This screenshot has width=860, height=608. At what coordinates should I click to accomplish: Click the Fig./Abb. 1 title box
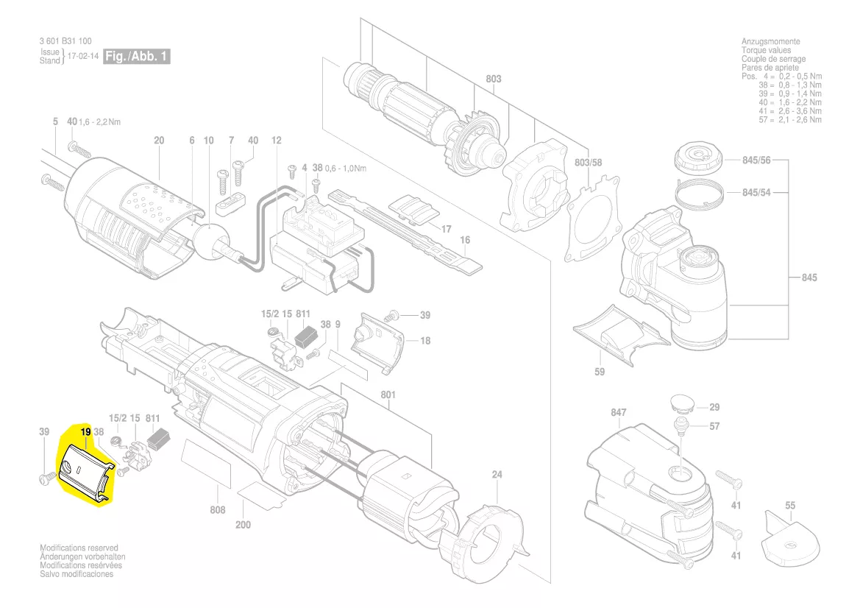click(x=137, y=56)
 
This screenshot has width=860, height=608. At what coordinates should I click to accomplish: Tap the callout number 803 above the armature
click(x=493, y=79)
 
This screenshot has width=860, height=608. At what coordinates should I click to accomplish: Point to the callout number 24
click(x=497, y=475)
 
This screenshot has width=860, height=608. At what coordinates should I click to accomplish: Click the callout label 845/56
click(x=756, y=160)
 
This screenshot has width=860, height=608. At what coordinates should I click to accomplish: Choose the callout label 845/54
click(x=756, y=193)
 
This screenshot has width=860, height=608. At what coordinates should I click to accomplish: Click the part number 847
click(x=618, y=412)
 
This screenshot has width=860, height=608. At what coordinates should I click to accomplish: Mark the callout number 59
click(x=600, y=372)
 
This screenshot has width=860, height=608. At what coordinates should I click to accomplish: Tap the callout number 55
click(x=790, y=506)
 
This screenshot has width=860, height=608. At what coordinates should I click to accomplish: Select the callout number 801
click(x=388, y=395)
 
